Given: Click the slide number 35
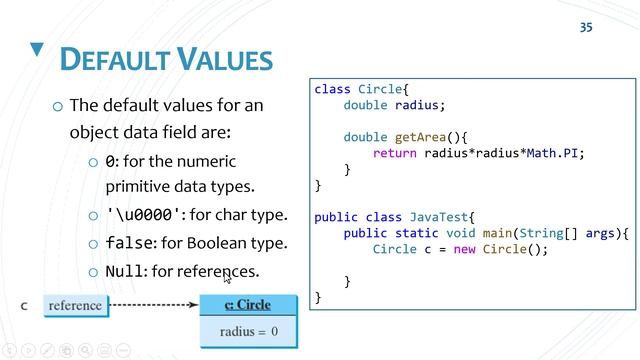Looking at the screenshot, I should coord(586,27).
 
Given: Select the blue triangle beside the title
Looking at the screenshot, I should coord(37,49).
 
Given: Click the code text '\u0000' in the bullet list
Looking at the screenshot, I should coord(144,214).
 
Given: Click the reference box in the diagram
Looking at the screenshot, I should coord(75,305).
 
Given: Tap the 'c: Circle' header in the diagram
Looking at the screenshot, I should coord(249,304).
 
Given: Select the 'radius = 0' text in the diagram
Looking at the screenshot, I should coord(249,331).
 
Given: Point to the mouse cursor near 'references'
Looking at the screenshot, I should coord(228,278).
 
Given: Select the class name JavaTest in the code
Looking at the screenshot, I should coord(437,217).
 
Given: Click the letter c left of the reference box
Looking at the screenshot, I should coord(24,306).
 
